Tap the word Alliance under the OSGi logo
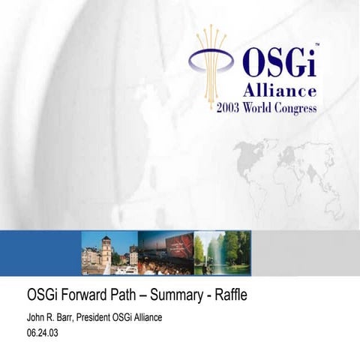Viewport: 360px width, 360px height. click(279, 91)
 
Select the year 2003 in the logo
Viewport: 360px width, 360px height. click(231, 107)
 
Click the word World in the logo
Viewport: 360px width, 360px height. click(262, 107)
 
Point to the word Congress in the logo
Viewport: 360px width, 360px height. click(298, 107)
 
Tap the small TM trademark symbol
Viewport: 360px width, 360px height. click(317, 45)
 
